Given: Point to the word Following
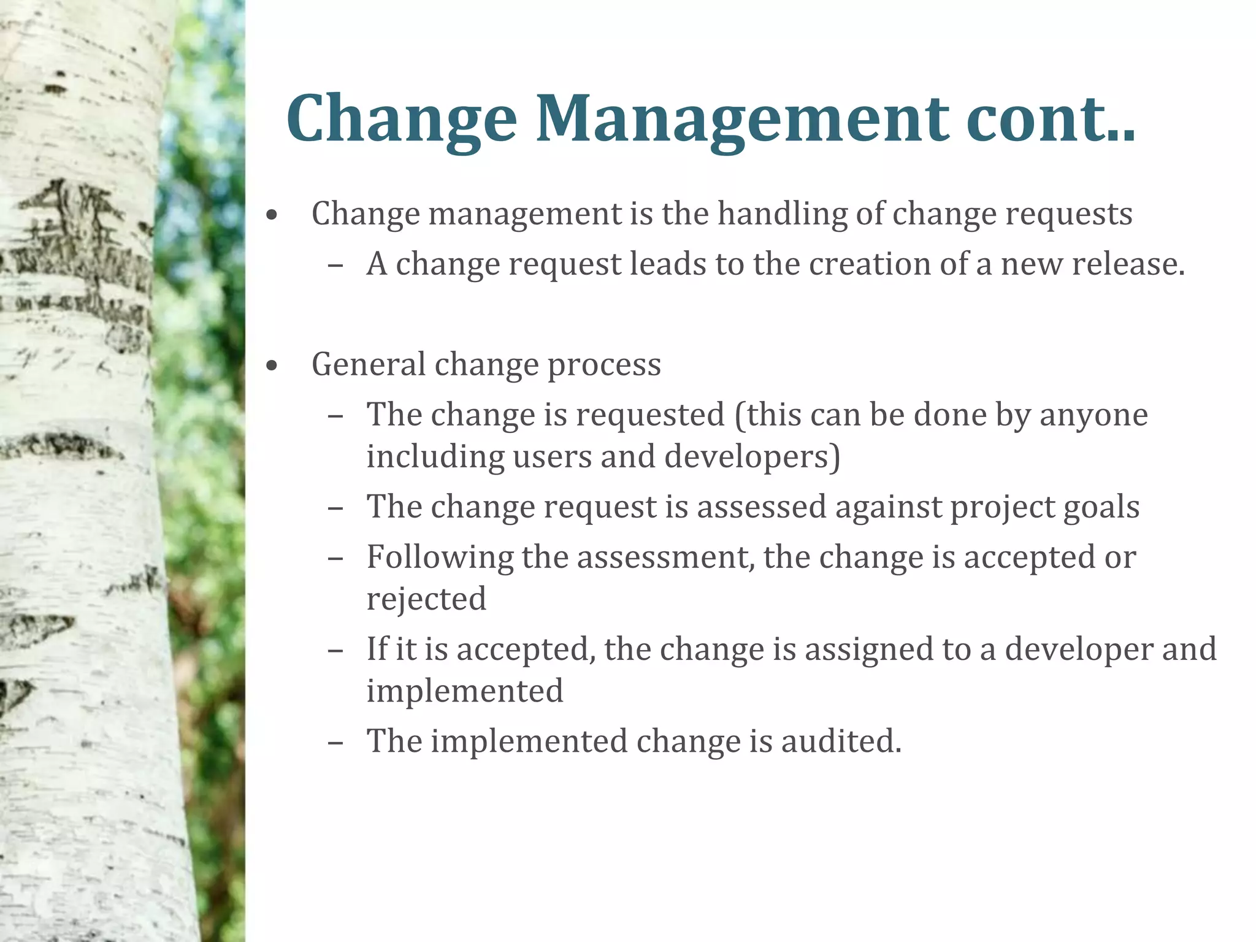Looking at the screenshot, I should [x=440, y=558].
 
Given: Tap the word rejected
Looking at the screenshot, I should [x=426, y=600].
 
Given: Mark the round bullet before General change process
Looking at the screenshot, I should [x=272, y=367].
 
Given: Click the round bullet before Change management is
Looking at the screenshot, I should [x=272, y=216].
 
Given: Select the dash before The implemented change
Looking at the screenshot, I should [x=335, y=742].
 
